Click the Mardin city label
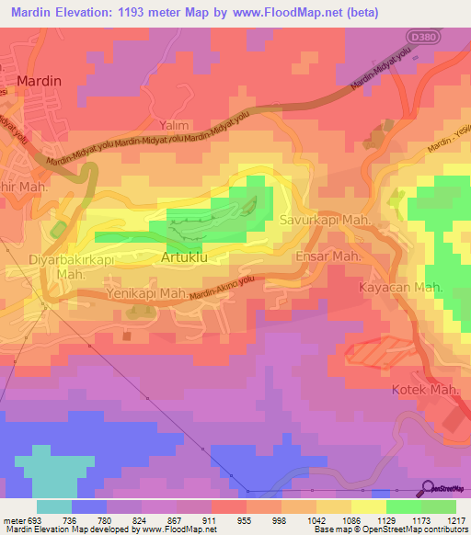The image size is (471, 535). pyautogui.click(x=38, y=81)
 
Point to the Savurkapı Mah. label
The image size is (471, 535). pyautogui.click(x=326, y=221)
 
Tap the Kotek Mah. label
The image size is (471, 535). pyautogui.click(x=426, y=390)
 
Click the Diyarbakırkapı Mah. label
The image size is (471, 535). pyautogui.click(x=61, y=267)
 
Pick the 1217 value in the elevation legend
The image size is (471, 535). pyautogui.click(x=456, y=519)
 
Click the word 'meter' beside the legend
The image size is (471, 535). pyautogui.click(x=9, y=519)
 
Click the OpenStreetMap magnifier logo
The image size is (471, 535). pyautogui.click(x=426, y=489)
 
